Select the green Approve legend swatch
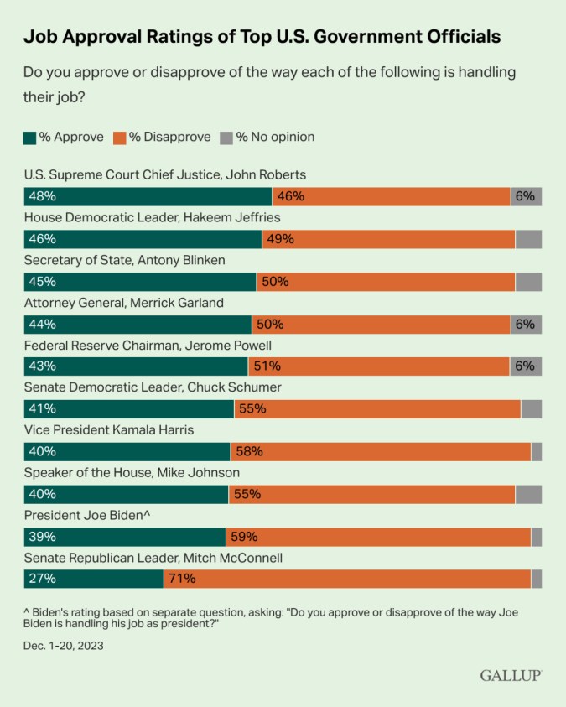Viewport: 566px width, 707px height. click(x=30, y=137)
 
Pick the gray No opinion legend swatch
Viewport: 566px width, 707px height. click(x=226, y=137)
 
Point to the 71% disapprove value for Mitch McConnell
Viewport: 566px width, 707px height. click(x=183, y=579)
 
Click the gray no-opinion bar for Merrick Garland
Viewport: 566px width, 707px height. click(x=526, y=324)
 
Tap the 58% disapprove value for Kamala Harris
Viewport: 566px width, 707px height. click(x=250, y=451)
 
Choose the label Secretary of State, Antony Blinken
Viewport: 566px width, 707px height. click(x=124, y=260)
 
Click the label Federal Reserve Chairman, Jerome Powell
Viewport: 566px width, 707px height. click(x=147, y=345)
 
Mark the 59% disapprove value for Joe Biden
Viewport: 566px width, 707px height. click(x=245, y=537)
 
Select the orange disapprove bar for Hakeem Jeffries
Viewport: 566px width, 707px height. click(x=388, y=239)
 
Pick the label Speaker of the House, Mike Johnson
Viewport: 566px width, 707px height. click(x=132, y=472)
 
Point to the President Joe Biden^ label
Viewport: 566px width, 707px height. click(x=86, y=515)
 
